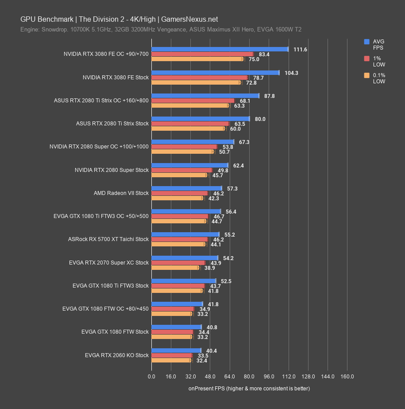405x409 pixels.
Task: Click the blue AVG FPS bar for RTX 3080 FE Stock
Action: click(215, 73)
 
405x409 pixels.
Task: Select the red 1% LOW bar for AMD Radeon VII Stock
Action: click(180, 193)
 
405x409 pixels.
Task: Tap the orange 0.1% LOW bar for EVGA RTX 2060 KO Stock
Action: click(171, 360)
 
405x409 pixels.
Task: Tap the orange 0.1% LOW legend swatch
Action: click(366, 76)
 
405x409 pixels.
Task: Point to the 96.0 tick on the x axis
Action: click(269, 377)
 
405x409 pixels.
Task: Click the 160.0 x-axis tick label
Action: click(347, 377)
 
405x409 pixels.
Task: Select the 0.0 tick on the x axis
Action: click(151, 377)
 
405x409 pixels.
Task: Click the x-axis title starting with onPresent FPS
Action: click(249, 389)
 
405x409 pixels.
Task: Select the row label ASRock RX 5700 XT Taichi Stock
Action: click(108, 239)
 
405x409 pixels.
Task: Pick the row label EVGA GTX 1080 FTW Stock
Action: click(115, 331)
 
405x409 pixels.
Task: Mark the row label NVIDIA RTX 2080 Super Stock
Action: click(112, 170)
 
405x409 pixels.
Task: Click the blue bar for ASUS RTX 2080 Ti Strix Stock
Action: click(201, 119)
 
